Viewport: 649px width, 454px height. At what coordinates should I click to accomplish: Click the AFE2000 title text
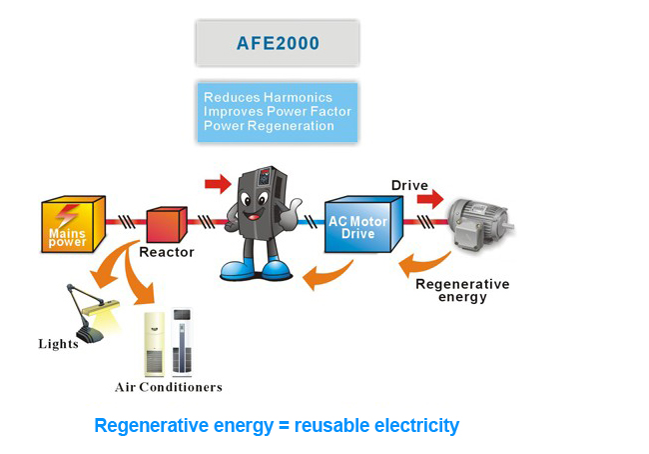(x=277, y=44)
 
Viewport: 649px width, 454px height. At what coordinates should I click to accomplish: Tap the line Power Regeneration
(x=269, y=126)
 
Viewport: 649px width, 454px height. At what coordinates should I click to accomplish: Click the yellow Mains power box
(x=72, y=224)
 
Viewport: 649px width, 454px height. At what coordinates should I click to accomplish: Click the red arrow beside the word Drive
(x=429, y=200)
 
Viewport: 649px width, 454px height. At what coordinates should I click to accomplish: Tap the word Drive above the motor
(x=409, y=186)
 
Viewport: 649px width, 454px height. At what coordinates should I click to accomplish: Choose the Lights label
(x=58, y=344)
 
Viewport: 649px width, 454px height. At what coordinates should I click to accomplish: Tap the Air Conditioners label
(x=168, y=387)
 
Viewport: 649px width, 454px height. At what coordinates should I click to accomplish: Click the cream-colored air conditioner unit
(x=156, y=340)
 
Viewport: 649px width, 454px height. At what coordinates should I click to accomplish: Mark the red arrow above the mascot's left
(x=217, y=183)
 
